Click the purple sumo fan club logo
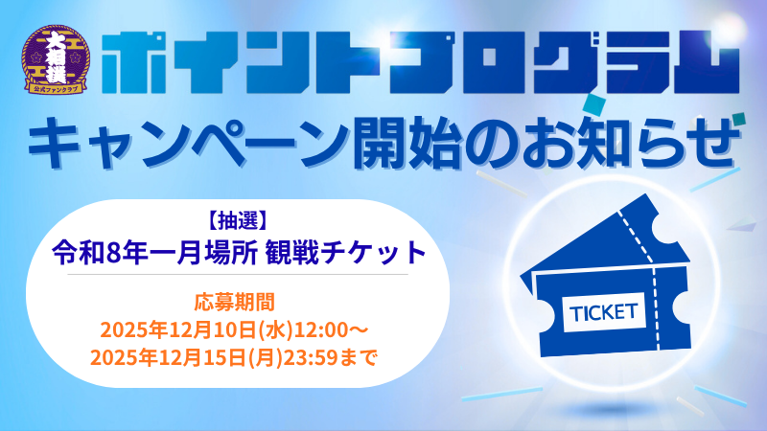[56, 59]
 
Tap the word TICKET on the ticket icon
[604, 312]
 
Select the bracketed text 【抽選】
[237, 221]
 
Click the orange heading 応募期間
[234, 302]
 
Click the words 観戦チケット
[346, 253]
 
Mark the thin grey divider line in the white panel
[238, 274]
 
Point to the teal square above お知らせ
[595, 103]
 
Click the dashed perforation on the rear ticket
[635, 236]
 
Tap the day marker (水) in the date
[275, 330]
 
